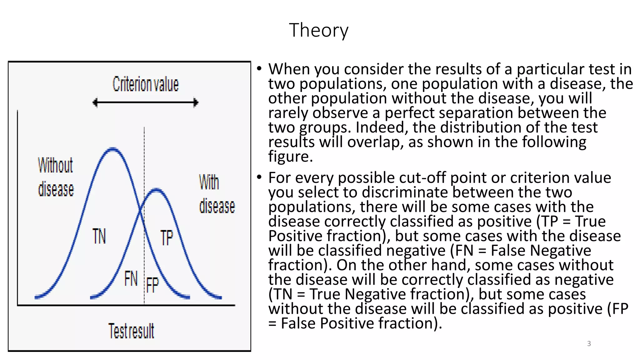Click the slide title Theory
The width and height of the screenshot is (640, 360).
pos(318,30)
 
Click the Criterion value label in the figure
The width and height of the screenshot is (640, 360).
pos(146,84)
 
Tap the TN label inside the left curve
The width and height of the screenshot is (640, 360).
pos(99,236)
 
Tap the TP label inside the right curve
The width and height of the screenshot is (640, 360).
pos(167,237)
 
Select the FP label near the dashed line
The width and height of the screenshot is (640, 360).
pos(152,285)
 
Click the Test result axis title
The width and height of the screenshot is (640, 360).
pos(131,331)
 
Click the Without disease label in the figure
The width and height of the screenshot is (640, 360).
pos(56,177)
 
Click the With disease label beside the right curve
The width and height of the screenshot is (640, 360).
pos(216,194)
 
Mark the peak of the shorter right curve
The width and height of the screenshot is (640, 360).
pos(156,190)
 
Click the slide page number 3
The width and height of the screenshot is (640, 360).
pos(589,343)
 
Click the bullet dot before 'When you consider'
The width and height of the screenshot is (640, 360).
pos(259,69)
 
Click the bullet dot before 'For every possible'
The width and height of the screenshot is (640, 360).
pos(259,177)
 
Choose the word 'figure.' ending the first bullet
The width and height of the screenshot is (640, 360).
pos(290,157)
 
